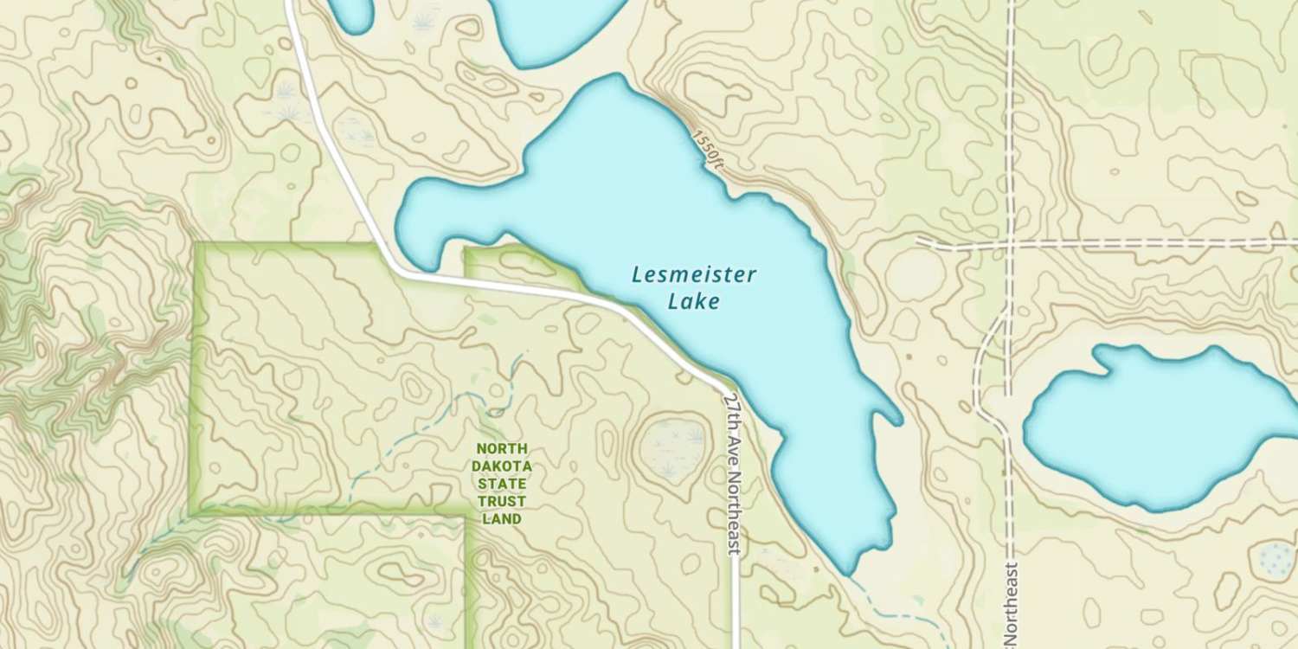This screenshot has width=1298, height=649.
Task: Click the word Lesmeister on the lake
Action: point(693,275)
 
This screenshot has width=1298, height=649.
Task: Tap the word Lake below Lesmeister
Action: point(693,302)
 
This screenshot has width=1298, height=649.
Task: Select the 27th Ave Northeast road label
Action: point(733,472)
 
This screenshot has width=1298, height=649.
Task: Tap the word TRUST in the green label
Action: point(501,502)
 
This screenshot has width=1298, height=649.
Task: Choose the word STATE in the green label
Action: point(501,484)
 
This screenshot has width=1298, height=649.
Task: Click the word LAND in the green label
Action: point(501,519)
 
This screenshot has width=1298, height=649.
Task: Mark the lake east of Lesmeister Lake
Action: point(1160,424)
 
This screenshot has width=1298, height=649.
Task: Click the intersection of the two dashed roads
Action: point(1010,243)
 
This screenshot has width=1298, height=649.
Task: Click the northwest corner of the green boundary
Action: point(196,247)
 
